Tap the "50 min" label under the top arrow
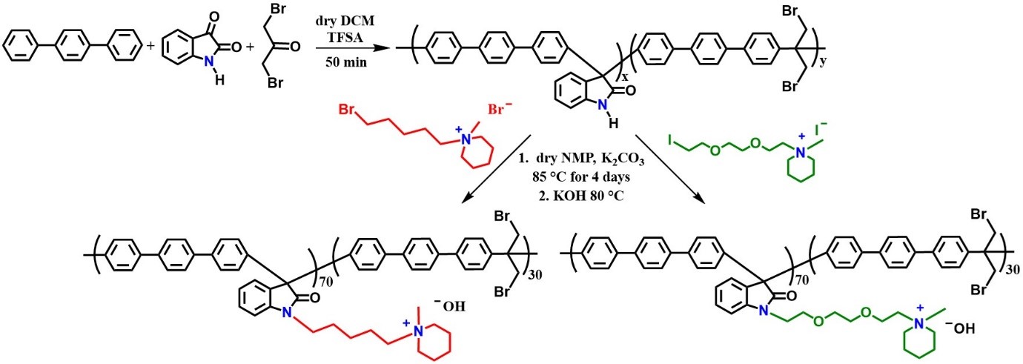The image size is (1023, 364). (x=347, y=62)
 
